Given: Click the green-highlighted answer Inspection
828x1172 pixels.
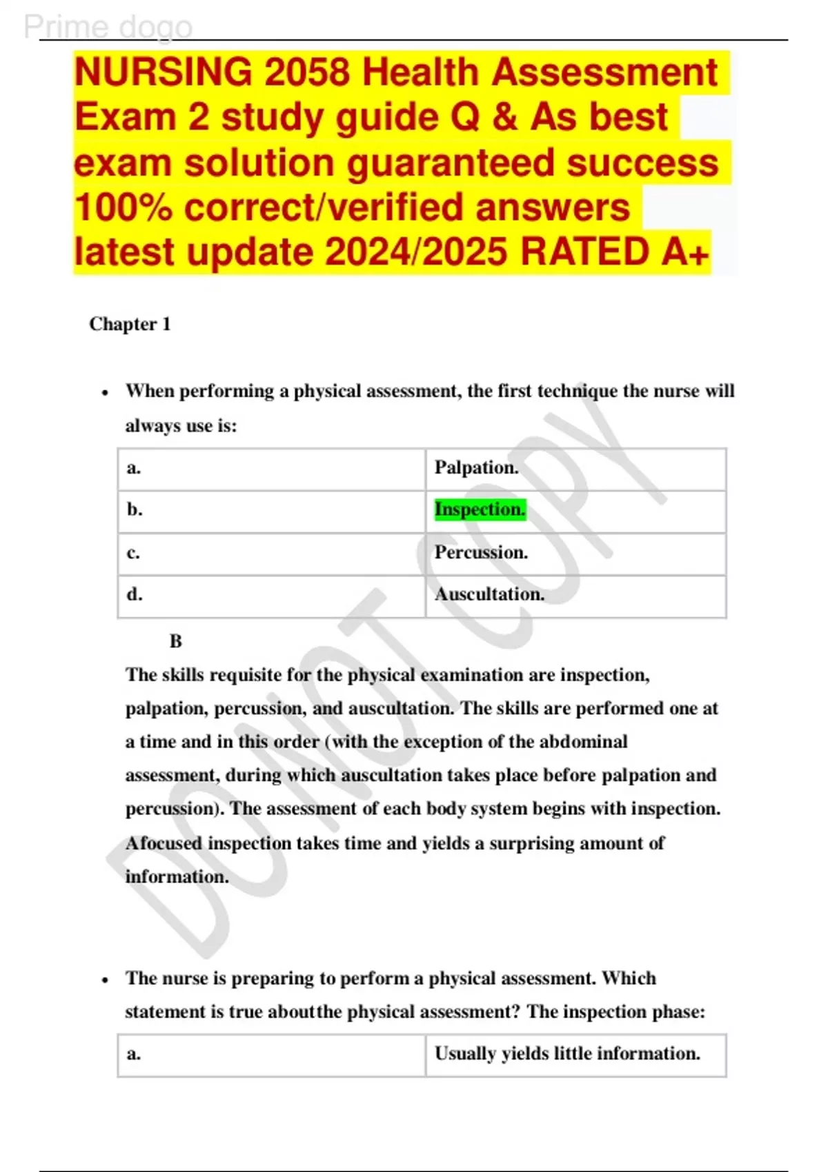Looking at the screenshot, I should pos(480,509).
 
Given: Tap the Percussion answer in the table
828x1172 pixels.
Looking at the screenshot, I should pos(481,552).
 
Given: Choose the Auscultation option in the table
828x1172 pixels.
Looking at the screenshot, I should pos(489,594).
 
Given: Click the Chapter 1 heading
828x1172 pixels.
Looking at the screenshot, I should pos(130,324).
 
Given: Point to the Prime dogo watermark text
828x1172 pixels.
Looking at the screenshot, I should pos(108,27).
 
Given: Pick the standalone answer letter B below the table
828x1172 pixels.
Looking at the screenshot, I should pos(176,641).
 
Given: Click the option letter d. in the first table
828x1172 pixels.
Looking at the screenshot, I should pos(135,594).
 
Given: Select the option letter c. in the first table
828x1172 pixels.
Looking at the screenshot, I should pos(134,552).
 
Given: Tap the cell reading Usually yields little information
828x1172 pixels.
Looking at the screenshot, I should pos(567,1053).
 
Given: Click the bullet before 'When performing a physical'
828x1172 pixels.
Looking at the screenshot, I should pos(105,393).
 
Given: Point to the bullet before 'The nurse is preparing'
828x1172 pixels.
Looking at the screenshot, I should pos(105,980).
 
